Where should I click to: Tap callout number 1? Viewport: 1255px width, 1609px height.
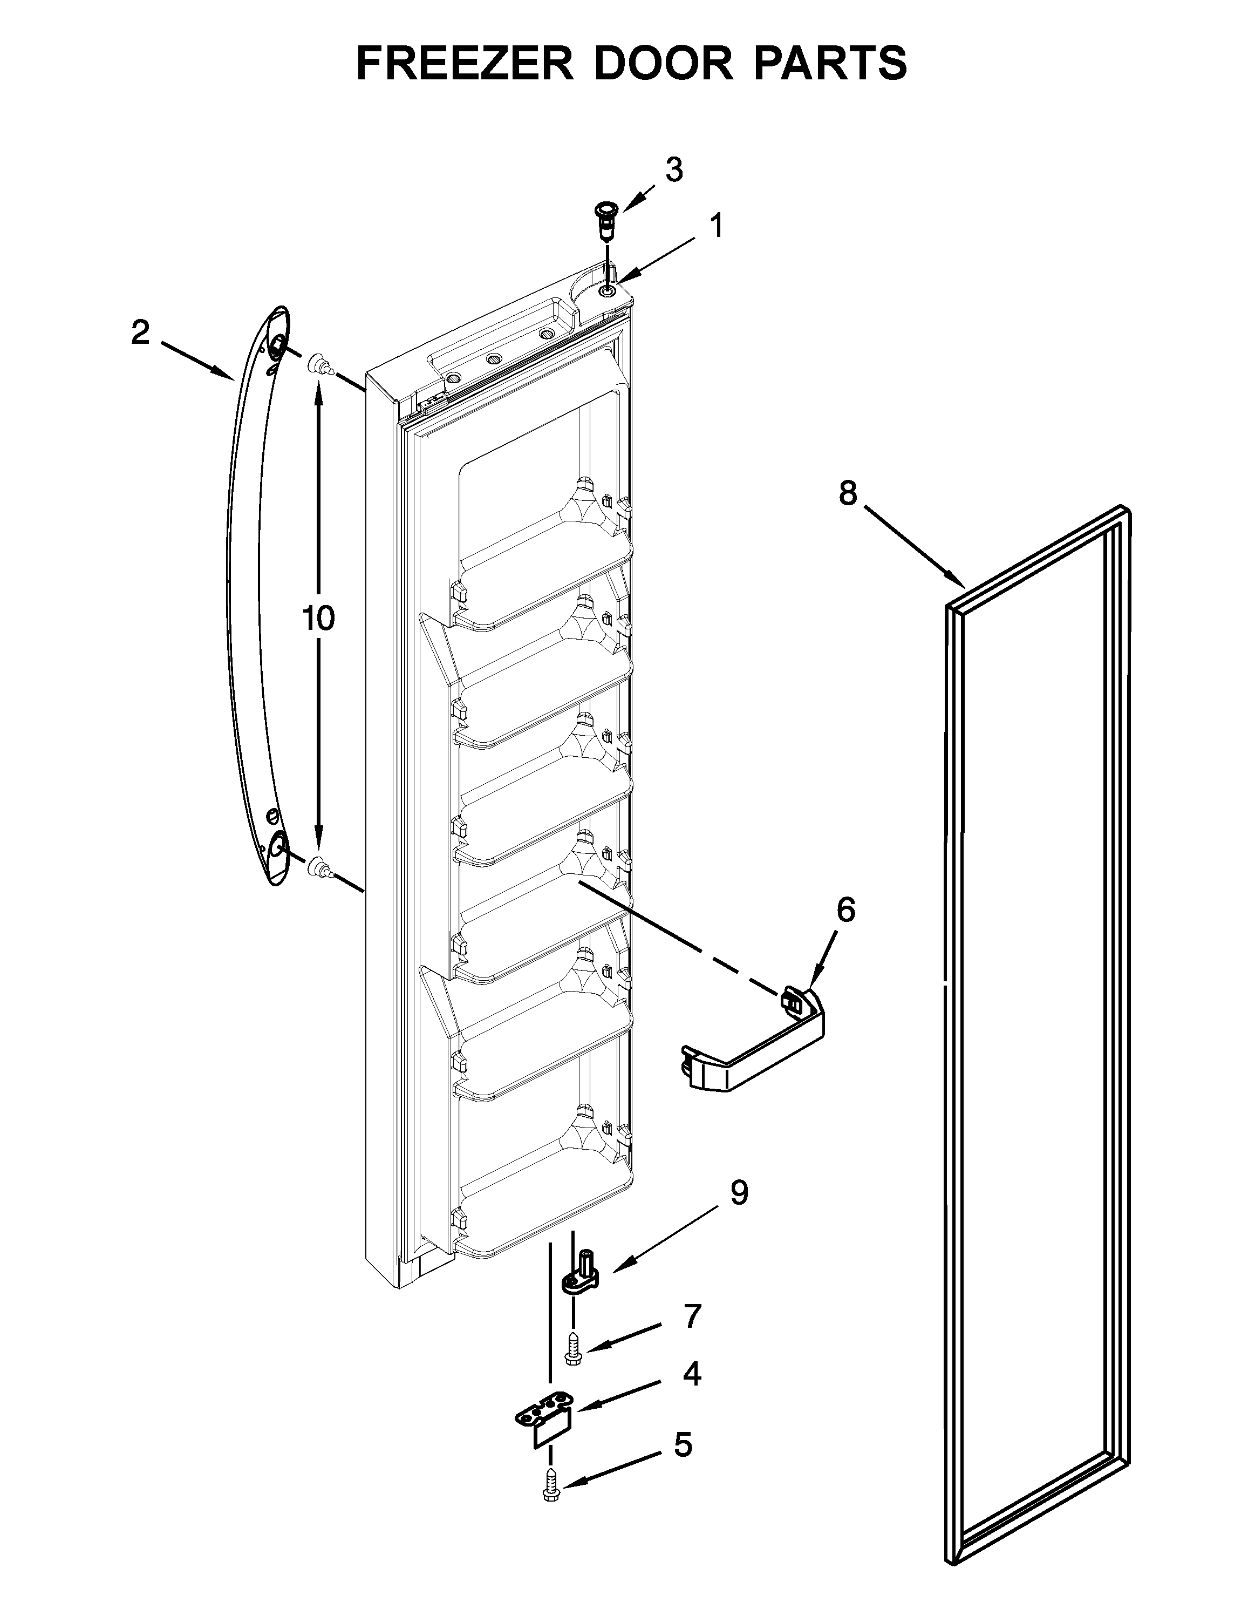(x=715, y=226)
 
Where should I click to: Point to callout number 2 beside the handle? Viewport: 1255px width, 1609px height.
(x=140, y=333)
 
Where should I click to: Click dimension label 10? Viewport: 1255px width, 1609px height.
(x=318, y=619)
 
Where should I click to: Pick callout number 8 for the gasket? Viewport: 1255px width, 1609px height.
(x=848, y=493)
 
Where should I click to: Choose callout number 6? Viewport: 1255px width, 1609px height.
(x=845, y=910)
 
